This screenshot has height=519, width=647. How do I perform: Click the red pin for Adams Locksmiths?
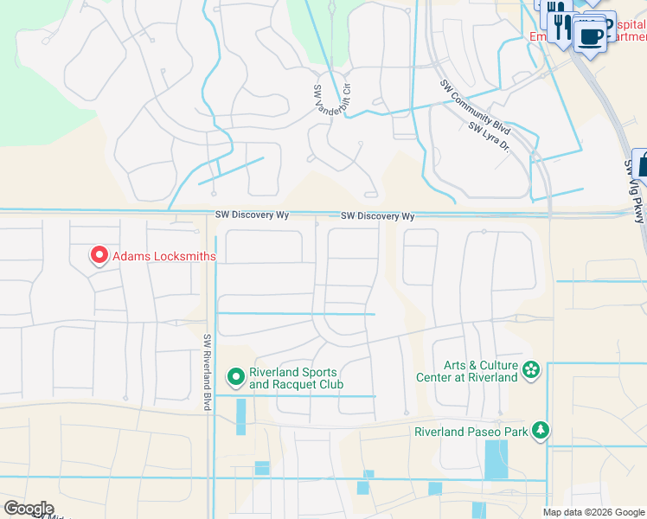click(x=99, y=255)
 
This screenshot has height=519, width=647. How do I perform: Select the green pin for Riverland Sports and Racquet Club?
click(x=235, y=377)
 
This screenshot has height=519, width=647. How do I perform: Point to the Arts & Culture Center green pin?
click(x=531, y=371)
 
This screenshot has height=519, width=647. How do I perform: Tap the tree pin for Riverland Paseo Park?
click(x=541, y=430)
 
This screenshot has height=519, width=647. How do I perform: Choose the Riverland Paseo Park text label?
click(x=471, y=431)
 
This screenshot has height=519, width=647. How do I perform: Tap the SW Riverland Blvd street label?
click(x=208, y=373)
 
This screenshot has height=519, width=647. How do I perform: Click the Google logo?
click(x=29, y=509)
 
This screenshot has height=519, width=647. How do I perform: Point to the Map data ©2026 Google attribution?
click(x=594, y=512)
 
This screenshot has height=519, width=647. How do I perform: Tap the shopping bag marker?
click(x=642, y=164)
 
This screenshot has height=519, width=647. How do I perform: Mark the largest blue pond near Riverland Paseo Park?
click(x=496, y=460)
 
